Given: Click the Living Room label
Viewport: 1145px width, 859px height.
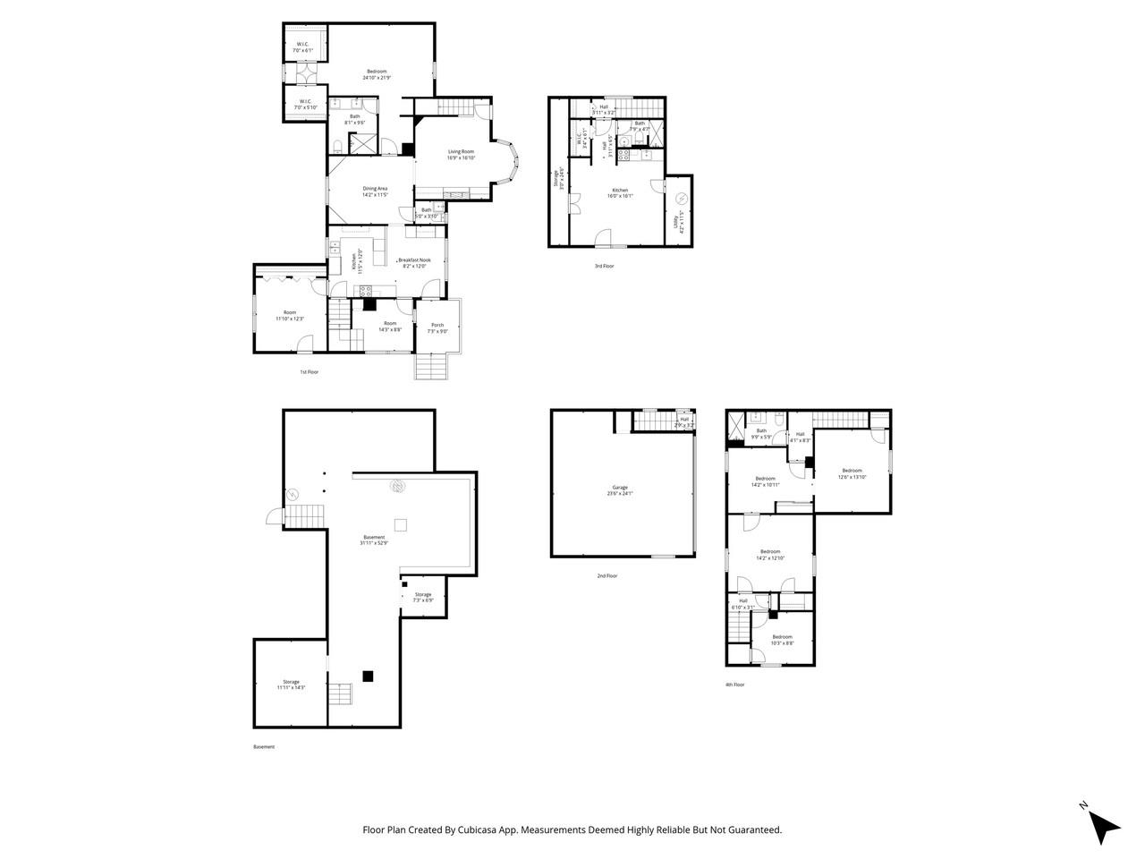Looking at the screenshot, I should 461,155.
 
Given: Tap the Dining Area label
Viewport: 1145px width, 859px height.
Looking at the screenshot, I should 375,191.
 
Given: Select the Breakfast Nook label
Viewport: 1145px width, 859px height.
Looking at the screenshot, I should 414,262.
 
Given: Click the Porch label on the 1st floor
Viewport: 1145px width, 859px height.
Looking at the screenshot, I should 437,328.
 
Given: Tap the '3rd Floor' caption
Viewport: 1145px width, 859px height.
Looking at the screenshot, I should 605,266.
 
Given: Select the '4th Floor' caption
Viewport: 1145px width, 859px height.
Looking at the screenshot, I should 734,685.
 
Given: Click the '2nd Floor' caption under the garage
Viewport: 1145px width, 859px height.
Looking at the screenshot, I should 607,575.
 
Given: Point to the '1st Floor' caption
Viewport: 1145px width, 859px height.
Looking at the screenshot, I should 310,371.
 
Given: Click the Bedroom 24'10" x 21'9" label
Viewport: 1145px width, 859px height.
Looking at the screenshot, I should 377,74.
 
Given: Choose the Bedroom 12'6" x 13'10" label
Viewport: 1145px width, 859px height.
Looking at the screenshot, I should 852,473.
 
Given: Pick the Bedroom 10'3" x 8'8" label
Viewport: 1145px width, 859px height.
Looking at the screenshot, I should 783,640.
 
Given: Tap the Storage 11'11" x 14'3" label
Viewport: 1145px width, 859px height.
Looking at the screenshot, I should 292,685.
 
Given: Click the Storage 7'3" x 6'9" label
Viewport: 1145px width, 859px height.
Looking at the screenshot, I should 423,597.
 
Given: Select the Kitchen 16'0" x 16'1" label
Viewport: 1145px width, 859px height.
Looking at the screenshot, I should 620,192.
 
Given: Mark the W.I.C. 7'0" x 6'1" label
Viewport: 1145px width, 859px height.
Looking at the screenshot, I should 303,47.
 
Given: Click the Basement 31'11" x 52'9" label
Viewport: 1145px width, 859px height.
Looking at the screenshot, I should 374,540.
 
